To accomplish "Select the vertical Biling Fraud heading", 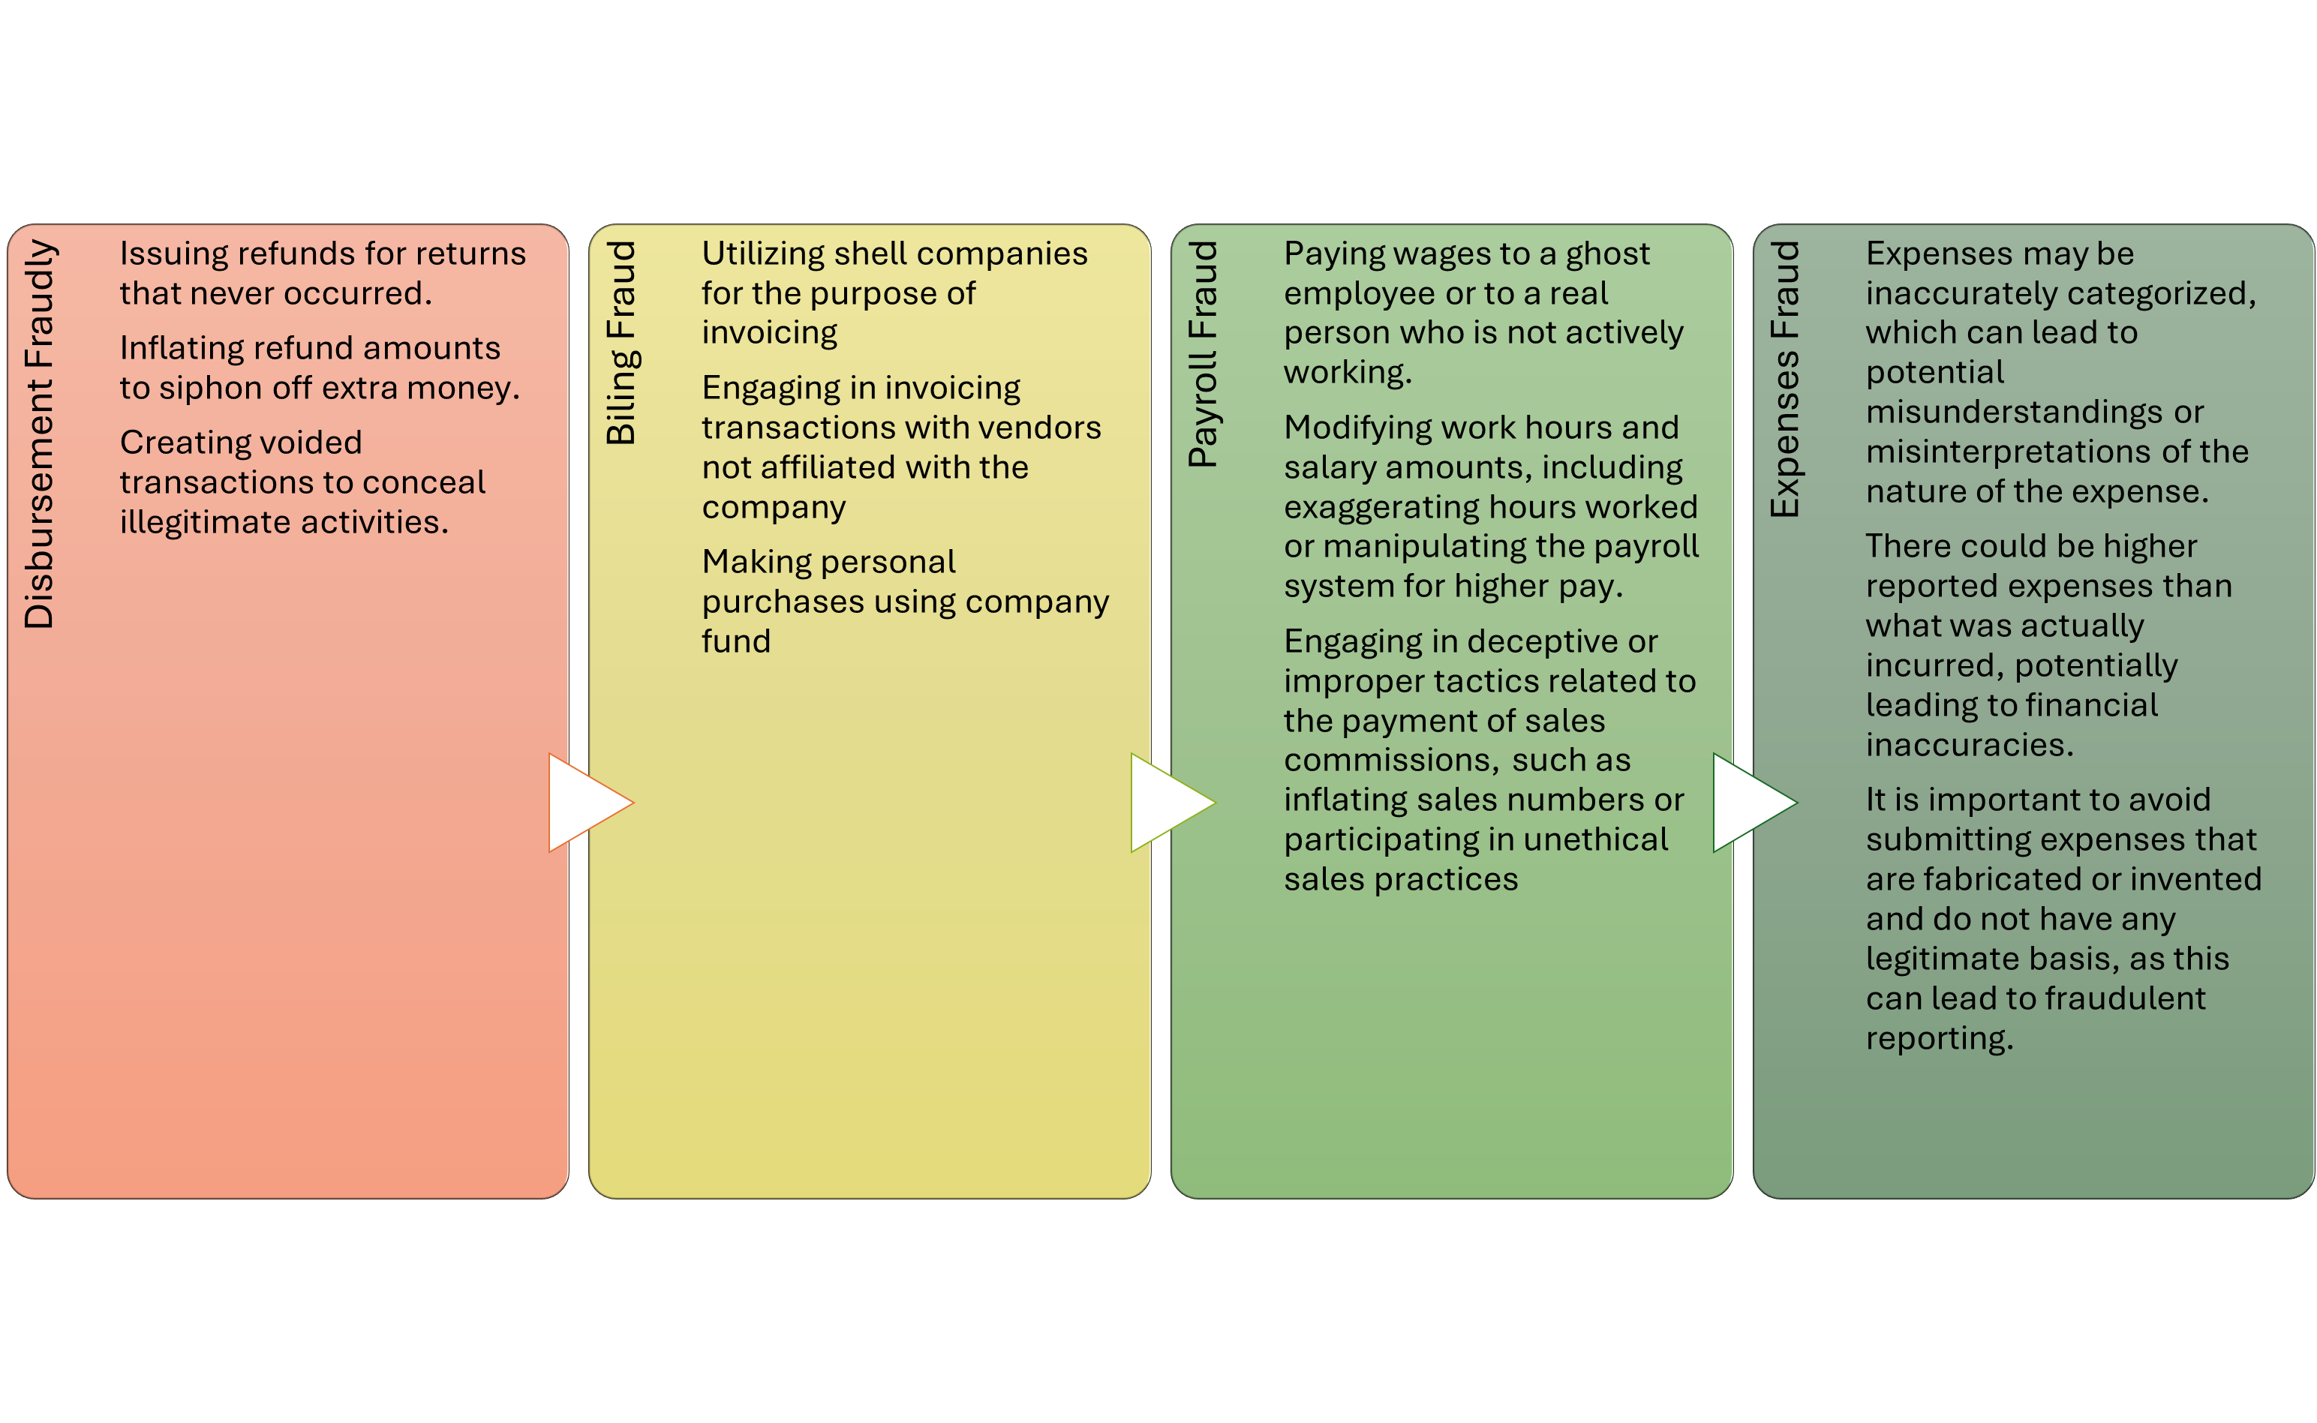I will click(x=621, y=343).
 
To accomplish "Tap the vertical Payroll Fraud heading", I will click(x=1203, y=354).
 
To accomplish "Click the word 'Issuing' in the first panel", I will click(x=173, y=254).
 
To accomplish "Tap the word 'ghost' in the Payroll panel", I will click(x=1607, y=254).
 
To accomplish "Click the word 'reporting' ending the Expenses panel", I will click(x=1938, y=1038).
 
